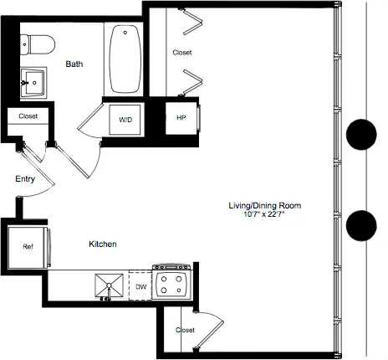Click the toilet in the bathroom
[x=38, y=42]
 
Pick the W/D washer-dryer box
[x=125, y=120]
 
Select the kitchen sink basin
[x=107, y=285]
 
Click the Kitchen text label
[x=103, y=244]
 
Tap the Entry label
[x=24, y=178]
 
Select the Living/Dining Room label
[x=264, y=205]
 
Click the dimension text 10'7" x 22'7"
[x=264, y=214]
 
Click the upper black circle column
[x=362, y=133]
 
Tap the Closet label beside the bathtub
[x=181, y=53]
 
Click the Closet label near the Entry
[x=28, y=117]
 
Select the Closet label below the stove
[x=185, y=330]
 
